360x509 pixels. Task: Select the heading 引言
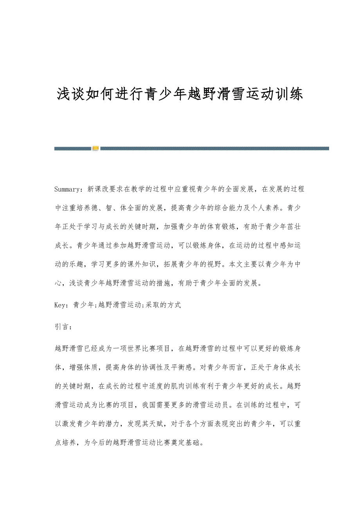click(x=61, y=327)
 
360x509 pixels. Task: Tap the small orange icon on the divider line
click(x=95, y=148)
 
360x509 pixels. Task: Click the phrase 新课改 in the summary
click(x=96, y=189)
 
